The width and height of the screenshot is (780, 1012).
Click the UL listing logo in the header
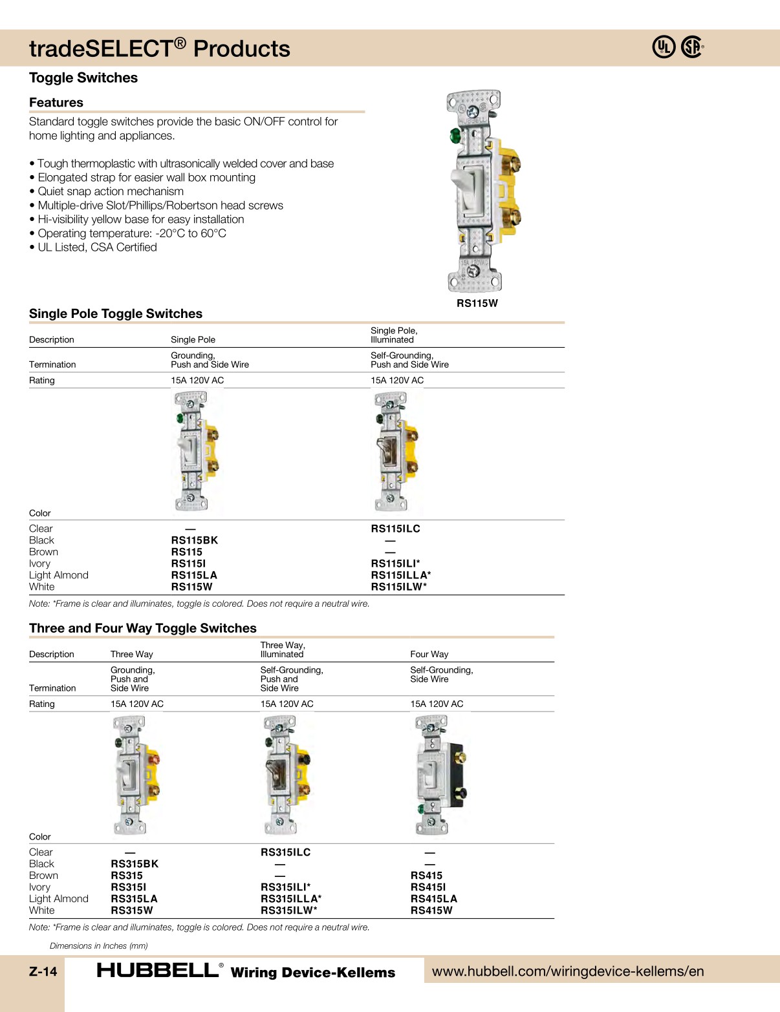tap(664, 47)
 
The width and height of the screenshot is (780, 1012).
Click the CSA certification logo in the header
tap(692, 47)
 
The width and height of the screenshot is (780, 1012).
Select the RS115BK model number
tap(194, 540)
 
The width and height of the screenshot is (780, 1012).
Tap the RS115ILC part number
tap(395, 529)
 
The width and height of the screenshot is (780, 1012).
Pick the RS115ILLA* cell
tap(400, 575)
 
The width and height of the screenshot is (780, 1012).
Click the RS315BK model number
tap(135, 864)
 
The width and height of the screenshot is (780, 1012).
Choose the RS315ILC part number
tap(285, 852)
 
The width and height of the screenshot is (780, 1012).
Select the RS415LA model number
tap(433, 899)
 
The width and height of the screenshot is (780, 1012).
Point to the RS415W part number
tap(431, 911)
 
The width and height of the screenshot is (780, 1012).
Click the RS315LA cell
tap(134, 899)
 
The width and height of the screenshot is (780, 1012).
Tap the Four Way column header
tap(429, 654)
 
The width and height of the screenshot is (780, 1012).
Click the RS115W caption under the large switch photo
tap(477, 303)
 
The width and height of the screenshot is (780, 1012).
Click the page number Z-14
tap(43, 971)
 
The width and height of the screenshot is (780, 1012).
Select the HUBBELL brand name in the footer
tap(158, 970)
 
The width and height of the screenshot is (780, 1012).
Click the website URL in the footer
tap(568, 971)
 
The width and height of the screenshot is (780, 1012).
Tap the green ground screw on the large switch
tap(455, 136)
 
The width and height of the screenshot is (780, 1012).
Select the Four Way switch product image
tap(439, 775)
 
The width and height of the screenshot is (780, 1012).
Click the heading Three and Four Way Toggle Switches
tap(143, 628)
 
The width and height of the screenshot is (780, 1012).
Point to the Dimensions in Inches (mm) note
tap(99, 945)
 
